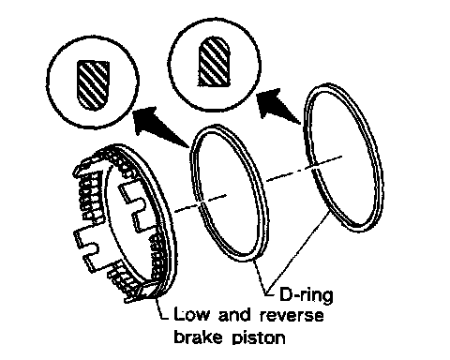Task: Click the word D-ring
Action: [306, 295]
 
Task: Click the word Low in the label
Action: [190, 314]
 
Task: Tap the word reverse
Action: [292, 316]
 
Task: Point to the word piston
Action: [259, 337]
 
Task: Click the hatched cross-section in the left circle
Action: [93, 85]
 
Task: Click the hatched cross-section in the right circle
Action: [215, 62]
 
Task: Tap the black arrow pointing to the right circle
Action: [278, 106]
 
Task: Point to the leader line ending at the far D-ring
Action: [298, 251]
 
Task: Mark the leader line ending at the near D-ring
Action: [262, 277]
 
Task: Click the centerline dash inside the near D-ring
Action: [214, 200]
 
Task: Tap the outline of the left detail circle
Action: [47, 82]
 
